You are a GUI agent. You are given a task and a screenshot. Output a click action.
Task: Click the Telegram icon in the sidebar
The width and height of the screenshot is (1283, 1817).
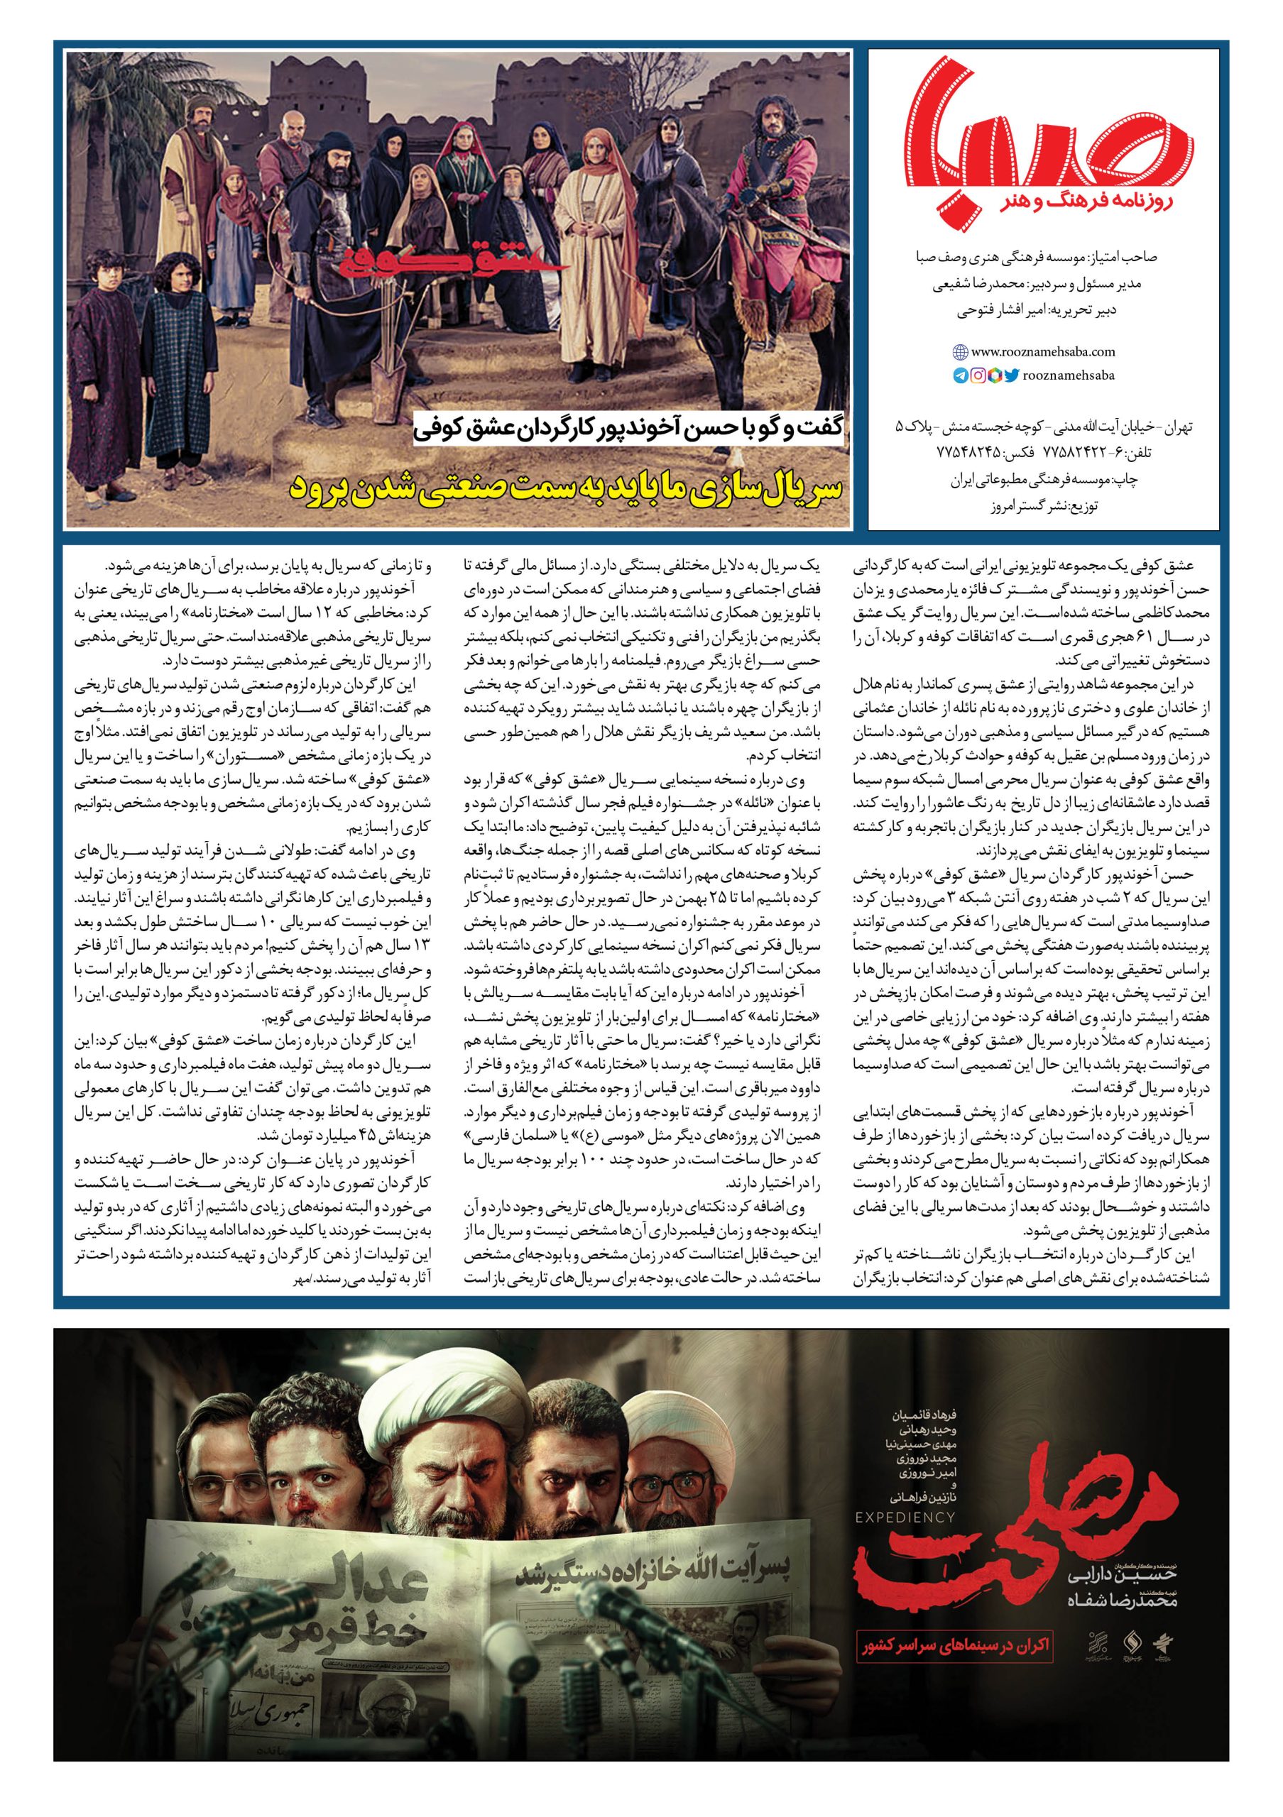pos(960,376)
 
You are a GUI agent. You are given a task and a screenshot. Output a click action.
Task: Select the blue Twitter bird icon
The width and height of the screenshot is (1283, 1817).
pos(1011,376)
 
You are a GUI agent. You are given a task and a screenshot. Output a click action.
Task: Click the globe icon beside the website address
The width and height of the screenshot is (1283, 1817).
pos(960,352)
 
